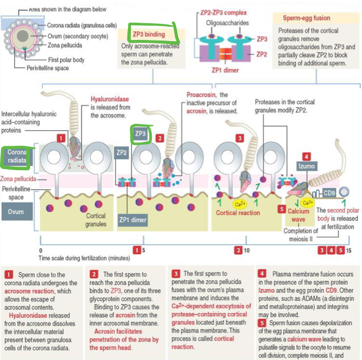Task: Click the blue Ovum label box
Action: [16, 212]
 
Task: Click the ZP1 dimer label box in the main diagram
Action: [133, 219]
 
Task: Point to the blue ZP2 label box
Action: [121, 153]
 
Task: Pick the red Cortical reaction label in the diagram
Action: [239, 213]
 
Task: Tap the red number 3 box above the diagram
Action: [239, 138]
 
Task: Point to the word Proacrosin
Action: [200, 94]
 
